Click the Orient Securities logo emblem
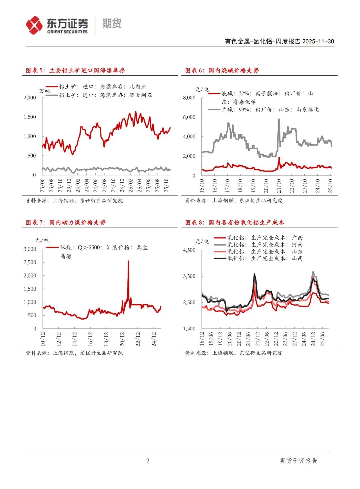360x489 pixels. click(x=35, y=25)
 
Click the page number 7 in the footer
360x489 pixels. click(x=148, y=461)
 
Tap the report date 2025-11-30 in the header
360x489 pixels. click(x=318, y=41)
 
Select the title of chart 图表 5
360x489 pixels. click(x=75, y=70)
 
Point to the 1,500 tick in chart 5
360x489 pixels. click(x=30, y=117)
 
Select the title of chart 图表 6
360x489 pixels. click(x=222, y=70)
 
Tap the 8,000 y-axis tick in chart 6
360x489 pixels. click(x=189, y=98)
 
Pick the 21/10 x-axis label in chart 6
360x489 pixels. click(x=279, y=185)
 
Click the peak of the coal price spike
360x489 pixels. click(x=128, y=261)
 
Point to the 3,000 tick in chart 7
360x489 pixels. click(x=30, y=249)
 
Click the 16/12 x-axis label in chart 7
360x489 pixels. click(x=90, y=338)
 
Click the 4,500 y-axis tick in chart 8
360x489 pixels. click(x=189, y=250)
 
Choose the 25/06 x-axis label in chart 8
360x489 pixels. click(x=322, y=338)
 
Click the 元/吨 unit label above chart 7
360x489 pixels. click(x=42, y=240)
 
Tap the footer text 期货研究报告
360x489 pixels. click(x=298, y=461)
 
